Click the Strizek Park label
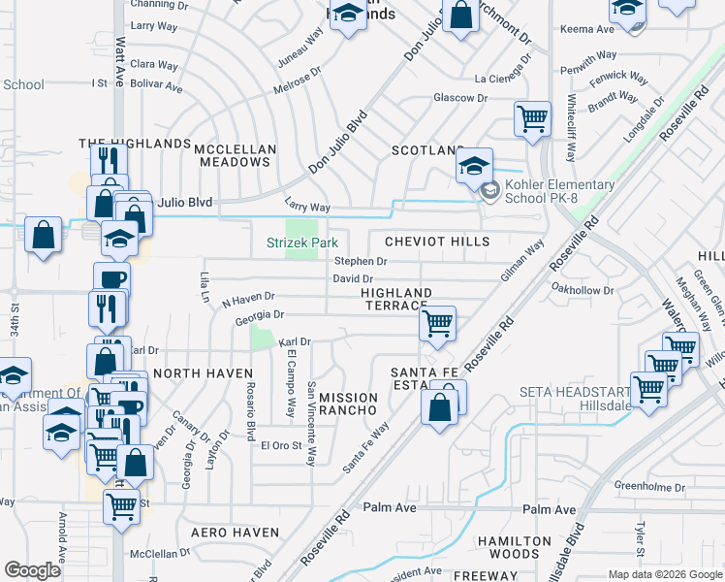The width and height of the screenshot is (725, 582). coord(301,242)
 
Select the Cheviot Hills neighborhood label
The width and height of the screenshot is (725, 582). coord(436,241)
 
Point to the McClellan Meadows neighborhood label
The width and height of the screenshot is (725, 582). coord(234,155)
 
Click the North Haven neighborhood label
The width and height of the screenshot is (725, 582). coord(203,373)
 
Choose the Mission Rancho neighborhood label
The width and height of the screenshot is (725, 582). coord(348,404)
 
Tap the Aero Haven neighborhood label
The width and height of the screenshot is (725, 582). coord(235,533)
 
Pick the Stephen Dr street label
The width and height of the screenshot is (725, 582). coord(361,262)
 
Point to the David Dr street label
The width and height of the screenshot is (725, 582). coord(353,279)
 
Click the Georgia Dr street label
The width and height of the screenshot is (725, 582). coord(259,315)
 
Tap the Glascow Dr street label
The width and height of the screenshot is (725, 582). coord(459,98)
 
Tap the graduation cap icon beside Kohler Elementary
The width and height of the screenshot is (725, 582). coord(474,166)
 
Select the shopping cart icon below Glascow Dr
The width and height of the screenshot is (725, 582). coord(532,119)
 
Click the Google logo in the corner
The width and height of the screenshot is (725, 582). coord(33,570)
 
